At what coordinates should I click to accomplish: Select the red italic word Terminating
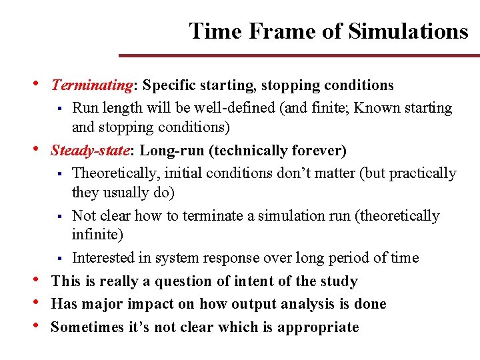click(x=93, y=86)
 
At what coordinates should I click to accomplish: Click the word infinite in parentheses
click(x=97, y=235)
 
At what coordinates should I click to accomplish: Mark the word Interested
click(x=105, y=258)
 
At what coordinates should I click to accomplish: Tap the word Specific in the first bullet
click(x=167, y=86)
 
